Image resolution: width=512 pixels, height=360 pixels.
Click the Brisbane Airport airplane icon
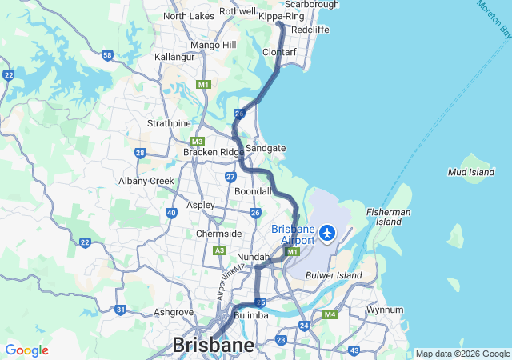[326, 233]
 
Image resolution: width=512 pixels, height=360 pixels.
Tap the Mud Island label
[471, 172]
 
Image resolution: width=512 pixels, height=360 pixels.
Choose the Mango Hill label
[213, 45]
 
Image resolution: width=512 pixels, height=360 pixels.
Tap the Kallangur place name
[174, 58]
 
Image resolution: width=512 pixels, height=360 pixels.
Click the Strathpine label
[169, 123]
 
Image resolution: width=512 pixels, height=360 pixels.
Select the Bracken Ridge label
[212, 152]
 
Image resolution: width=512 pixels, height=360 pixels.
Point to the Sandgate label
[265, 148]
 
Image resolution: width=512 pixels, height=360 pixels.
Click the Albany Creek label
[146, 181]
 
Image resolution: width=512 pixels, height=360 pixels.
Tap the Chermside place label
[219, 234]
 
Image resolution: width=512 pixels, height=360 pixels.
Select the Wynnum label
[384, 309]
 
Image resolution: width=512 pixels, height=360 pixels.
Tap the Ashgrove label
[174, 312]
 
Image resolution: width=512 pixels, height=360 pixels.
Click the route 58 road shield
[107, 55]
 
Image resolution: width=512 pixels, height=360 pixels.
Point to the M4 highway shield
[330, 315]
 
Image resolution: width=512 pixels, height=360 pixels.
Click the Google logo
[26, 350]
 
